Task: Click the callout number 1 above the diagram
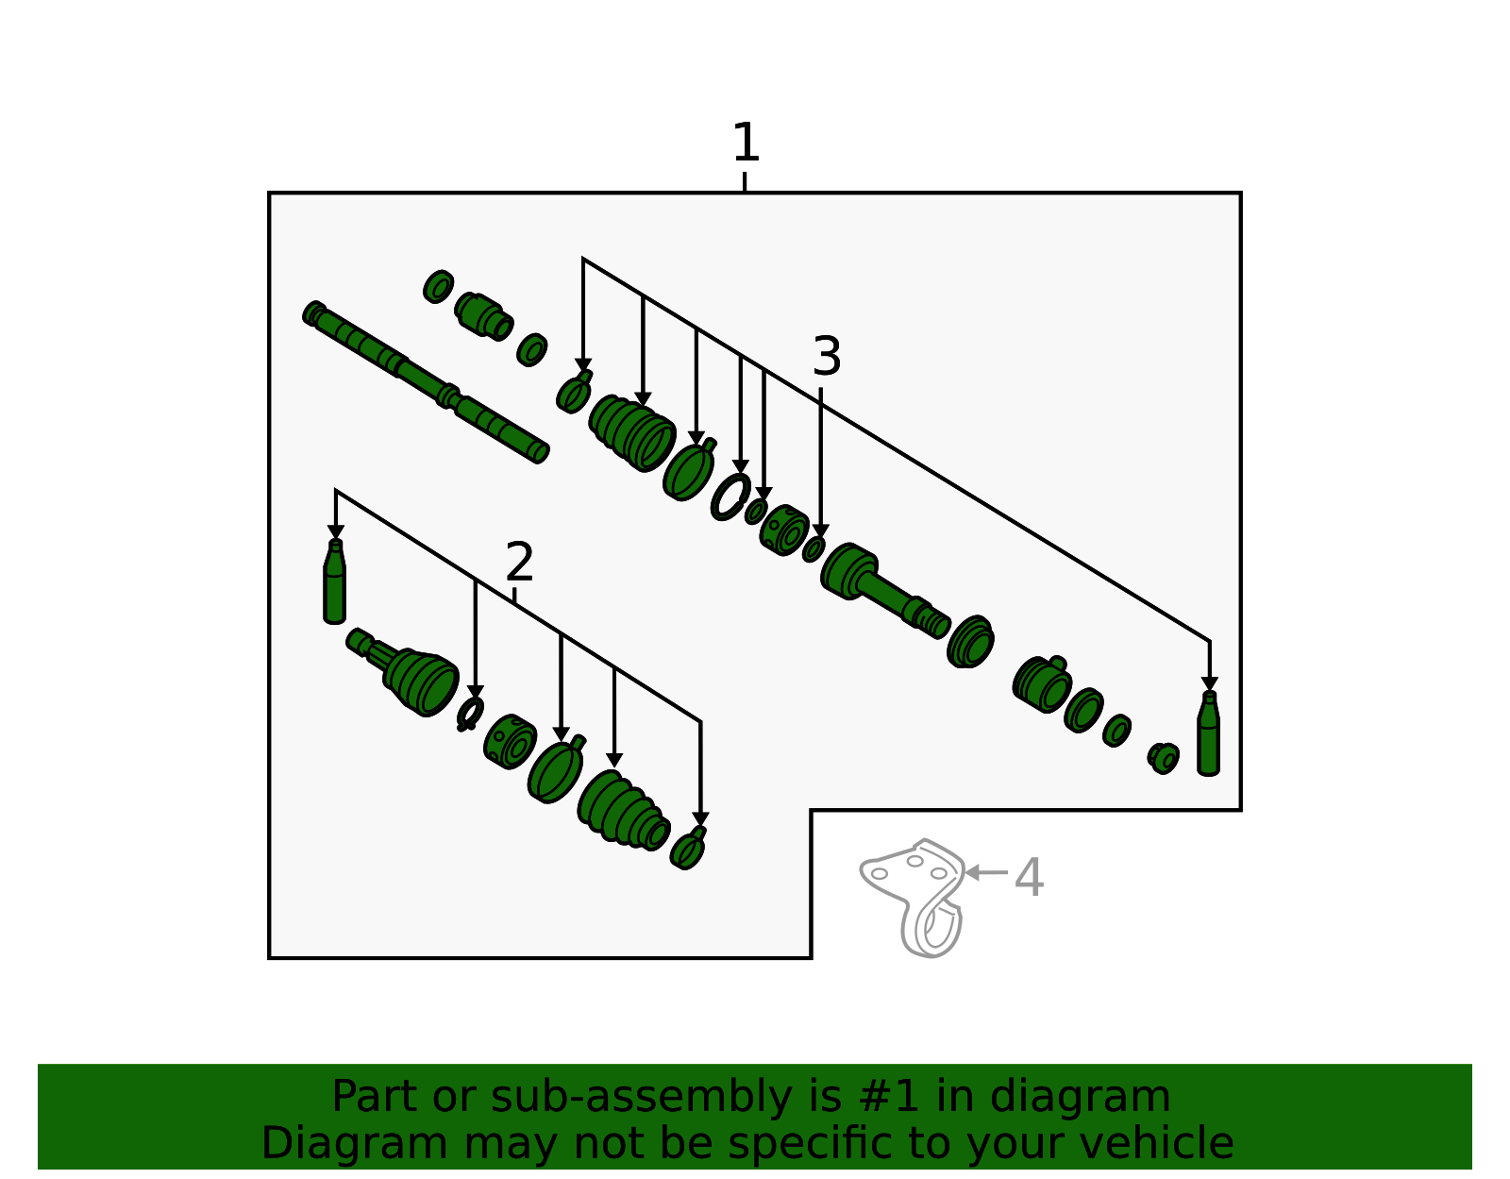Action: point(745,143)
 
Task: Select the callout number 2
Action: point(519,562)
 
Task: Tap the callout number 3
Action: point(826,357)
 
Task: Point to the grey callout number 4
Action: point(1029,878)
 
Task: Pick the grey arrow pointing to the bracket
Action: point(986,872)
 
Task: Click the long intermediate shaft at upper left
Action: point(426,381)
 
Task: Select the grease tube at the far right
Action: point(1208,733)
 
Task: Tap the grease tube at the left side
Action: point(334,581)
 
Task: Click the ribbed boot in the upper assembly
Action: point(632,433)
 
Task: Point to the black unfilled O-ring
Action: point(730,497)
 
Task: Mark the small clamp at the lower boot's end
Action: point(688,849)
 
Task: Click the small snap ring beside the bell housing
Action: point(470,715)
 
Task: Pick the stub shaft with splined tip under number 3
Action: point(884,591)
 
